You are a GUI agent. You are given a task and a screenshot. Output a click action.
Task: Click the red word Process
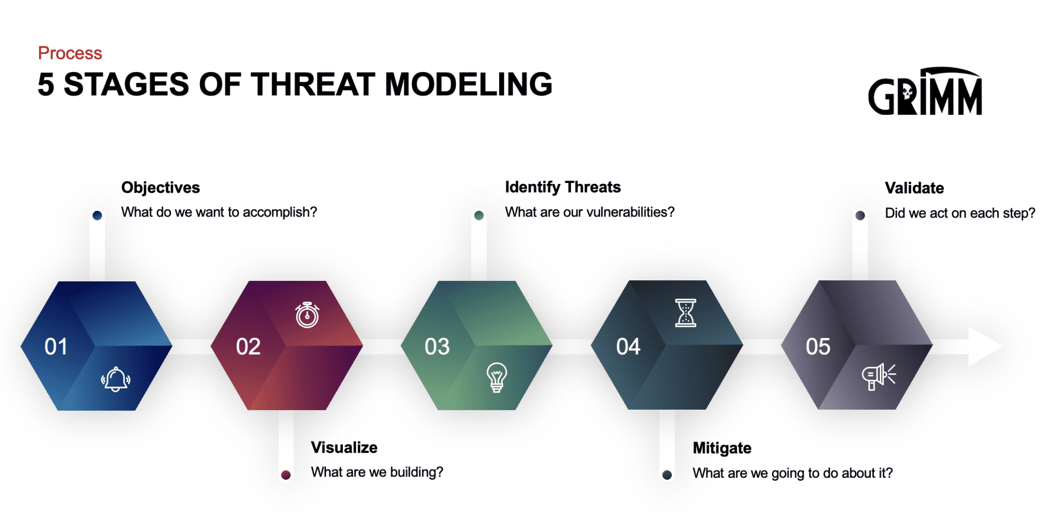(70, 53)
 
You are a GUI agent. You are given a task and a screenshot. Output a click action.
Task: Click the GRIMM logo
(925, 92)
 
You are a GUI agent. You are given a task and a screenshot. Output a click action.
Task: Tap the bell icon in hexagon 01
(115, 379)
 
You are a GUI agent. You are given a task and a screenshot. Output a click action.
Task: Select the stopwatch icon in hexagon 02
(307, 315)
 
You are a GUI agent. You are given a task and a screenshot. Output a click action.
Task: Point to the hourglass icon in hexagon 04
(685, 313)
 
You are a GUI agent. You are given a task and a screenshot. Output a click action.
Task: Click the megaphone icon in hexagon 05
(878, 376)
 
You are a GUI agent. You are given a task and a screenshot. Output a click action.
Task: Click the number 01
(56, 347)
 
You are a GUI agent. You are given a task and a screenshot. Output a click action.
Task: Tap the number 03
(437, 347)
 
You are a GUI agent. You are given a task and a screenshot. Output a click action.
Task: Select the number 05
(818, 347)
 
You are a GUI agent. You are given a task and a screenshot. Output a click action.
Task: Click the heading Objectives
(160, 188)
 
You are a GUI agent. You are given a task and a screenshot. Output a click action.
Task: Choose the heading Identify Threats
(563, 187)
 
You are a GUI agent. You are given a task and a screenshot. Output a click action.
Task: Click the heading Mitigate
(721, 448)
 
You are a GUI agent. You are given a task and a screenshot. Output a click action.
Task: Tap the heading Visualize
(344, 447)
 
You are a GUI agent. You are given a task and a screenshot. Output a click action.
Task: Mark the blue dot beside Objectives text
(97, 215)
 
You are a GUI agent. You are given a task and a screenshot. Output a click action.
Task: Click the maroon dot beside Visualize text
(286, 475)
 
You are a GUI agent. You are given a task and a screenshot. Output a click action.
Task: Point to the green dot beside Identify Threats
(478, 215)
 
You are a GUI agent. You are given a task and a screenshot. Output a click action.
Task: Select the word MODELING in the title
(468, 85)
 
